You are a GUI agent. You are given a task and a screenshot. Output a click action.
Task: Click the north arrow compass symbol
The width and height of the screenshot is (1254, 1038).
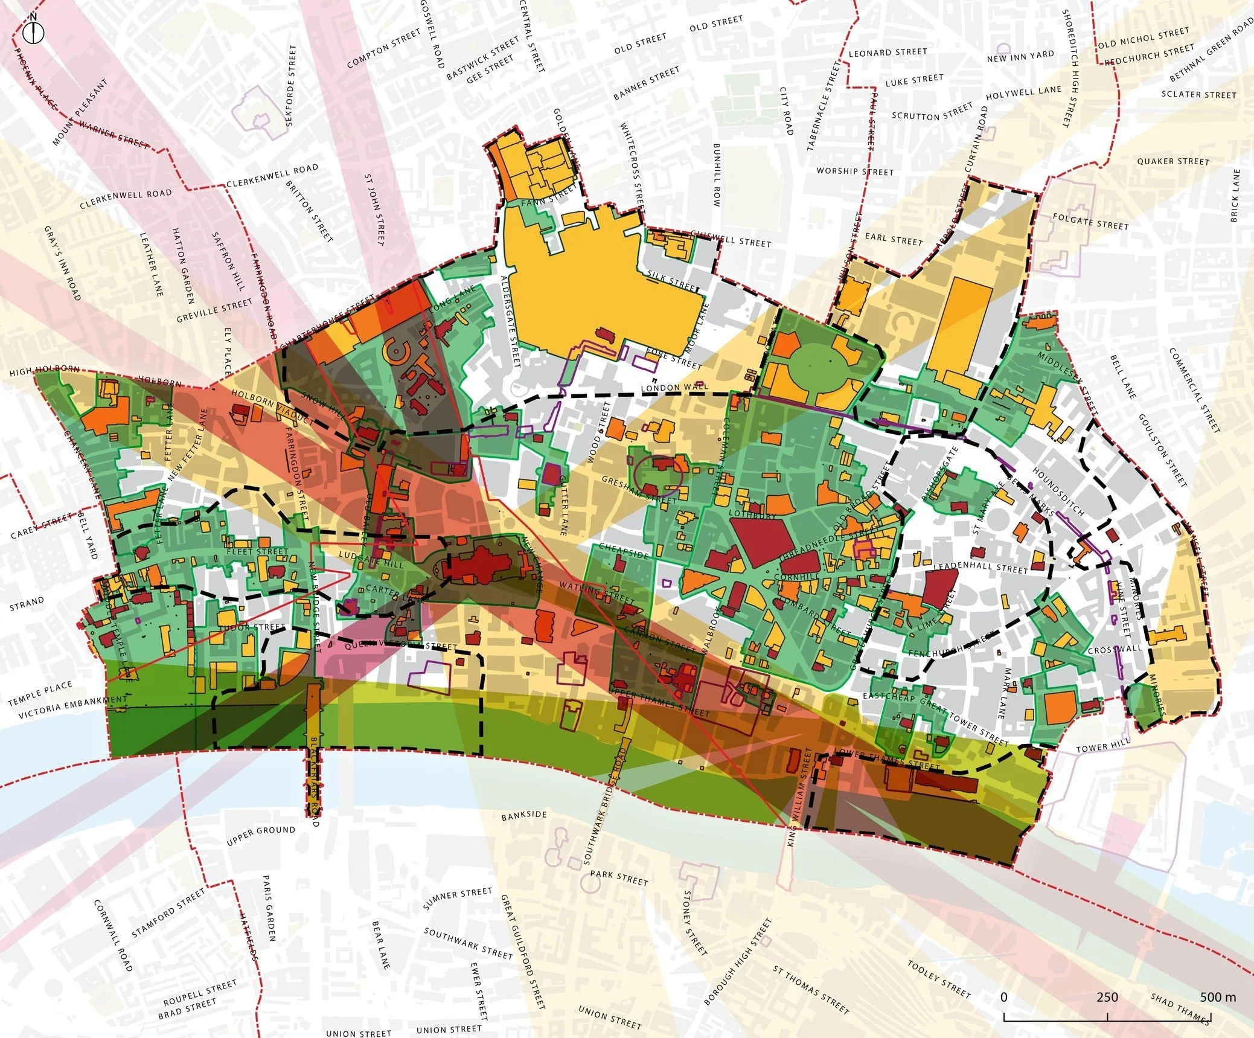pyautogui.click(x=34, y=30)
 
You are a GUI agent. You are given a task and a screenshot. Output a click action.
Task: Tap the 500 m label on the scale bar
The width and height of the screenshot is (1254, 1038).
pyautogui.click(x=1217, y=997)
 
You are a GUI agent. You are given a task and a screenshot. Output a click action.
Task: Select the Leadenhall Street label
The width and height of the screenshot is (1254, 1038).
pyautogui.click(x=980, y=568)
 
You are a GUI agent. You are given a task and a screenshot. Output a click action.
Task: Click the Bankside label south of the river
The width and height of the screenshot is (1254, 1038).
pyautogui.click(x=524, y=815)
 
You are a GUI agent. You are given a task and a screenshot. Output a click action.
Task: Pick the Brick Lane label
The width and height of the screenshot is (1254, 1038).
pyautogui.click(x=1235, y=195)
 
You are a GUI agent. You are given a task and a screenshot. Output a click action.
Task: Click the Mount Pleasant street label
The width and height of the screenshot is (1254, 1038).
pyautogui.click(x=79, y=112)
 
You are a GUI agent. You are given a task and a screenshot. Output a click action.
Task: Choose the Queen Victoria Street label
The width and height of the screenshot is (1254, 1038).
pyautogui.click(x=401, y=646)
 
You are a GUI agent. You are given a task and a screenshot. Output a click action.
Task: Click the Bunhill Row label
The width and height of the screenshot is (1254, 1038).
pyautogui.click(x=717, y=175)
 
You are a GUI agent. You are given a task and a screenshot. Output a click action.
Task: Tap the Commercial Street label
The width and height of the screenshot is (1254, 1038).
pyautogui.click(x=1194, y=390)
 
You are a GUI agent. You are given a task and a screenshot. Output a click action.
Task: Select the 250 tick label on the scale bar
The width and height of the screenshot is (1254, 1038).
pyautogui.click(x=1107, y=997)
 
